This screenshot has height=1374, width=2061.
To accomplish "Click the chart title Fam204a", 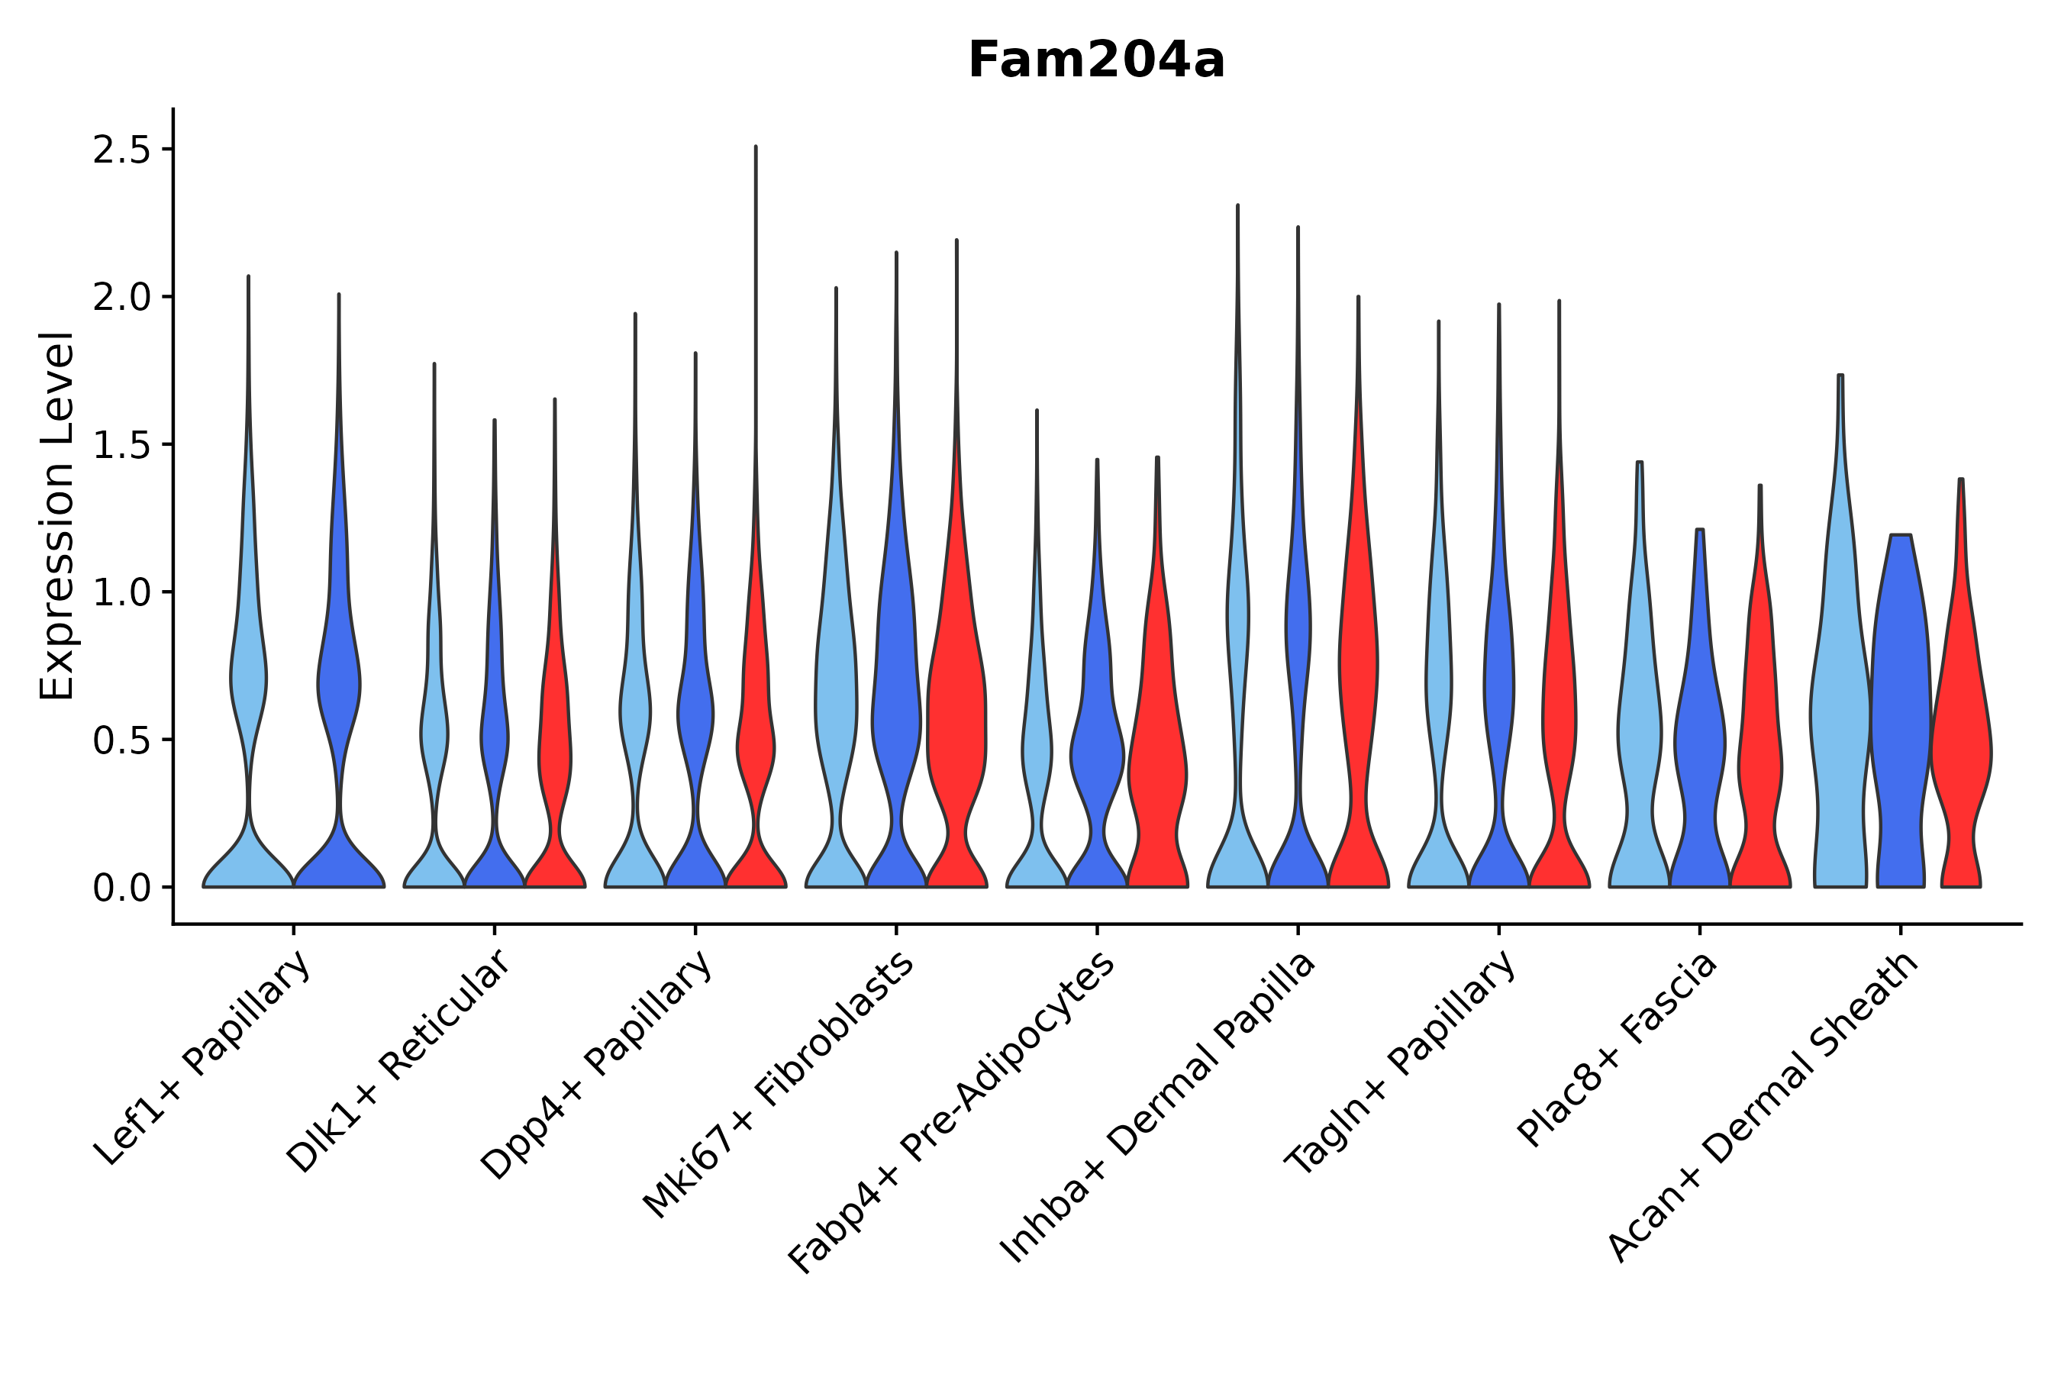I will pyautogui.click(x=1095, y=61).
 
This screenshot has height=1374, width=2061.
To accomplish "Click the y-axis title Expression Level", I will pyautogui.click(x=58, y=515).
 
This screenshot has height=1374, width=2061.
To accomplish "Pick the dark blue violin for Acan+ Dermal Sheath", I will pyautogui.click(x=1900, y=701).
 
